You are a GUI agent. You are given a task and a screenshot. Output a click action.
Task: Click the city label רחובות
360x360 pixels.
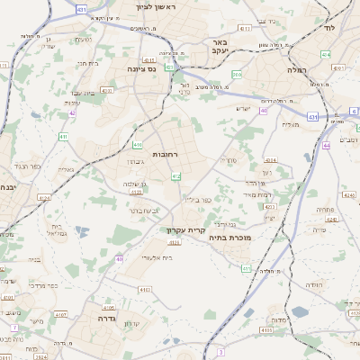pyautogui.click(x=167, y=154)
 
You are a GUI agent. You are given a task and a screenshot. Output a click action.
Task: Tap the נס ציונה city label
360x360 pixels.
pyautogui.click(x=141, y=68)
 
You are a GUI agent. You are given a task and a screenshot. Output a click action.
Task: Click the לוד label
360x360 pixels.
pyautogui.click(x=351, y=29)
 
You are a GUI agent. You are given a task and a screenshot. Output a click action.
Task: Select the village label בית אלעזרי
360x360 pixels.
pyautogui.click(x=157, y=257)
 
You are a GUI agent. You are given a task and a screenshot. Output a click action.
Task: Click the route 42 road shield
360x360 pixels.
pyautogui.click(x=72, y=113)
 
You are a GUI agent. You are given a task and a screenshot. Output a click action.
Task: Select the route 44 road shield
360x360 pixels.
pyautogui.click(x=328, y=145)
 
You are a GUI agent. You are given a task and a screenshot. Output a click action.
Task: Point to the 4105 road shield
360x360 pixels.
pyautogui.click(x=108, y=307)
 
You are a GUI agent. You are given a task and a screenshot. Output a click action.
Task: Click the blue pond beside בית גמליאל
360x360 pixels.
pyautogui.click(x=82, y=231)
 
